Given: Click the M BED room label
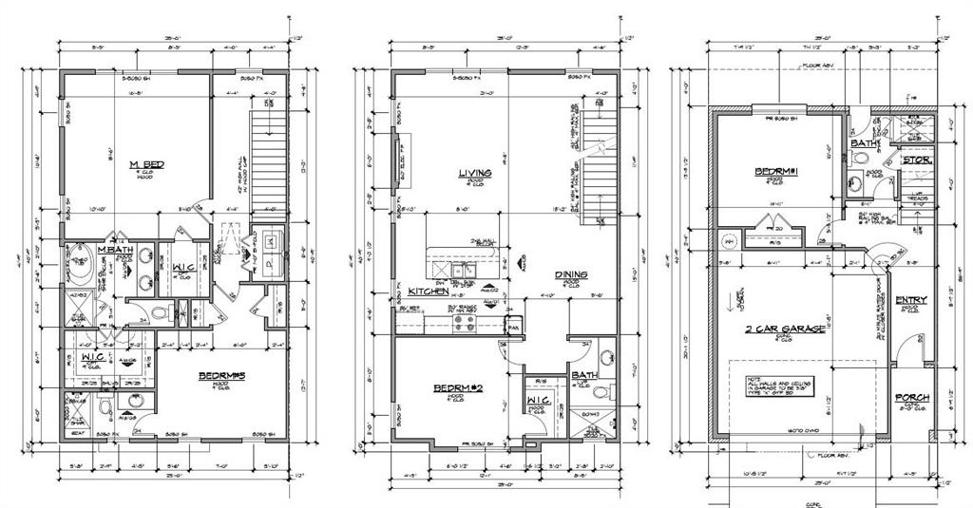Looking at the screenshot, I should [x=147, y=165].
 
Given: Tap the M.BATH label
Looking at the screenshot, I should [x=114, y=250].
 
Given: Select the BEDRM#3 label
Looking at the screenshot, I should [x=221, y=377].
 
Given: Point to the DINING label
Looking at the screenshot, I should [x=572, y=274].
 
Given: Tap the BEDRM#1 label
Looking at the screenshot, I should [x=776, y=172].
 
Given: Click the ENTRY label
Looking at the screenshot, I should [x=911, y=300].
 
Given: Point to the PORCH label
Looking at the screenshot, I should [x=912, y=397].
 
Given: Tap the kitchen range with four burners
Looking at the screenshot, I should [x=466, y=322].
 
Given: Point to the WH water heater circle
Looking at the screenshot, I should [x=729, y=239].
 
